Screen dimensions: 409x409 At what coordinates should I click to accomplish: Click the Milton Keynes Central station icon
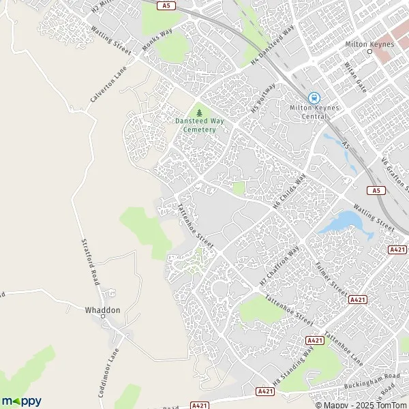314,99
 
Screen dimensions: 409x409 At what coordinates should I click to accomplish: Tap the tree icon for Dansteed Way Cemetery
199,112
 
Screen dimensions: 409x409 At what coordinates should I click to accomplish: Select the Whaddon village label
102,310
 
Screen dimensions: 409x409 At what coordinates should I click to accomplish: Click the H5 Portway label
264,98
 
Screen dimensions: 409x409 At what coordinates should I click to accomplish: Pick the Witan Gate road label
357,76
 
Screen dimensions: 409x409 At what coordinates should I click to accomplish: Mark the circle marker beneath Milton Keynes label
370,52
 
